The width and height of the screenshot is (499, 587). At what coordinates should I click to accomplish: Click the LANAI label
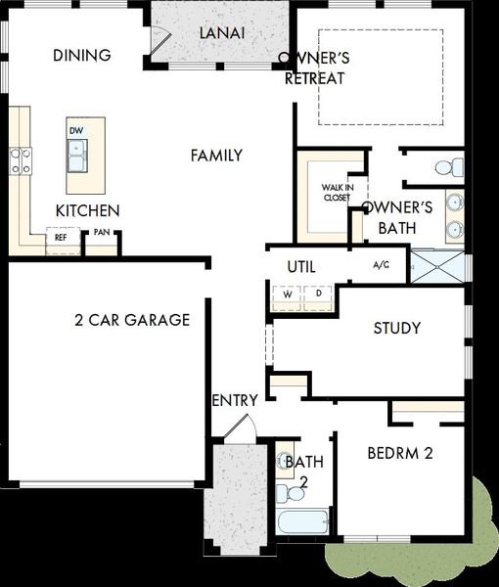pyautogui.click(x=222, y=33)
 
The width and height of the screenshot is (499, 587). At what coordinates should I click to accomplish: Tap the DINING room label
pyautogui.click(x=82, y=56)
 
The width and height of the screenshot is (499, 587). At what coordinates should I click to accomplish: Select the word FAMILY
pyautogui.click(x=217, y=156)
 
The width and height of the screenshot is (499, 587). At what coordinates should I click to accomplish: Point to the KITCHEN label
pyautogui.click(x=88, y=210)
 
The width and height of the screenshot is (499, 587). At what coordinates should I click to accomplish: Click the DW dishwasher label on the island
pyautogui.click(x=76, y=131)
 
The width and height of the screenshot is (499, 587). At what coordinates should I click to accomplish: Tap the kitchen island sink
pyautogui.click(x=77, y=156)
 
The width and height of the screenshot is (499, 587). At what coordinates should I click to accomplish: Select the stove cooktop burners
pyautogui.click(x=21, y=161)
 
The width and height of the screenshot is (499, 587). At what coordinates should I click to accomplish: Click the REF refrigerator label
pyautogui.click(x=61, y=238)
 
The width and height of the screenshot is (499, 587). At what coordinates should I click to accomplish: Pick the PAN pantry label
pyautogui.click(x=102, y=232)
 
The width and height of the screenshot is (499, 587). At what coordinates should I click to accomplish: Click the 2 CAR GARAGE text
pyautogui.click(x=132, y=320)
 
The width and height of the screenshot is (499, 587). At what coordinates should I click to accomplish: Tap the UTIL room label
pyautogui.click(x=301, y=267)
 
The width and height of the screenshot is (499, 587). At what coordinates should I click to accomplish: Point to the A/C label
pyautogui.click(x=382, y=265)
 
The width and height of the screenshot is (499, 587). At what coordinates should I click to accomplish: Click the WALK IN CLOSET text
pyautogui.click(x=338, y=193)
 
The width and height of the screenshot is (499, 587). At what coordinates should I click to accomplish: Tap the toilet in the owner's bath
pyautogui.click(x=449, y=167)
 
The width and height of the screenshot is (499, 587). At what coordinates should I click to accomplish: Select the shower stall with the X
pyautogui.click(x=438, y=266)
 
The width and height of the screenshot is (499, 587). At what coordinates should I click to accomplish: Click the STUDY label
pyautogui.click(x=397, y=328)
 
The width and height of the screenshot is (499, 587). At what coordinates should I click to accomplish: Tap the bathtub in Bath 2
pyautogui.click(x=302, y=521)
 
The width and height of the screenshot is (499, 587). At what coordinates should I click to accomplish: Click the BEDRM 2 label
pyautogui.click(x=400, y=453)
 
